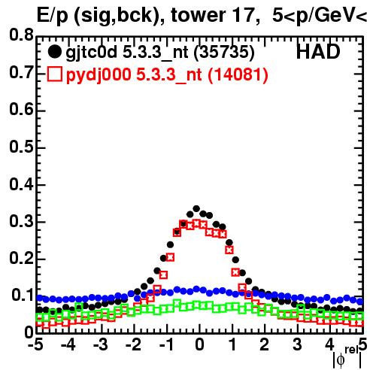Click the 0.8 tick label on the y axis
(x=21, y=35)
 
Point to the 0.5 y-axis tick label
(x=21, y=147)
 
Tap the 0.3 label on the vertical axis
(x=21, y=221)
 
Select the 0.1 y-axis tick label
(x=23, y=295)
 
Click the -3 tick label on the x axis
(x=101, y=344)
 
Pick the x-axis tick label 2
(x=265, y=344)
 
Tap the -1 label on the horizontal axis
(x=166, y=344)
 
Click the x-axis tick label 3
(x=297, y=344)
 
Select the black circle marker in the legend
(x=54, y=52)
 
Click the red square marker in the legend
(x=55, y=74)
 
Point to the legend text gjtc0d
(x=92, y=53)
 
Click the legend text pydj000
(x=99, y=75)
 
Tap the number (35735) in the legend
(x=224, y=53)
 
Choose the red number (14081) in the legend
(x=238, y=75)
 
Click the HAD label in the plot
(x=318, y=52)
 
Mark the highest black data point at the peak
(x=196, y=208)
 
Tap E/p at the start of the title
(x=53, y=16)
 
